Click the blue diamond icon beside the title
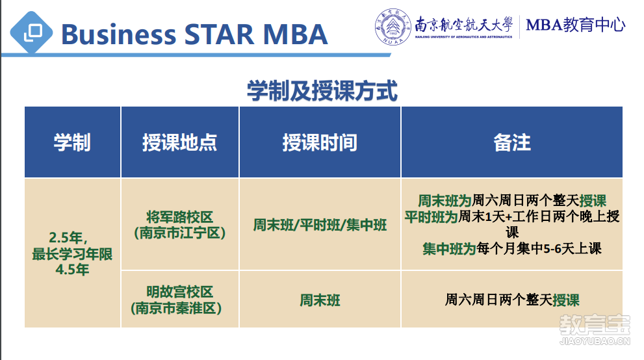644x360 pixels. click(31, 33)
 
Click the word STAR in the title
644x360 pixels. click(219, 34)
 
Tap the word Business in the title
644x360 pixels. click(119, 34)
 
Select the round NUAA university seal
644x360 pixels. click(393, 27)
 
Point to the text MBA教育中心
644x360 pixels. click(575, 25)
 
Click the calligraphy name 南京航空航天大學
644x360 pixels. click(464, 24)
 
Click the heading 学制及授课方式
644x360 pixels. click(322, 91)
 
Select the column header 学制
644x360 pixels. click(72, 142)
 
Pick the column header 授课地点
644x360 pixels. click(179, 142)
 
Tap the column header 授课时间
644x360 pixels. click(320, 142)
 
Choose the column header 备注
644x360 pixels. click(511, 142)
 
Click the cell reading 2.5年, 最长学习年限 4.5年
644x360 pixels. click(72, 253)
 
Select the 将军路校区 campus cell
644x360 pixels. click(179, 225)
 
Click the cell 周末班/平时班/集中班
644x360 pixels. click(320, 225)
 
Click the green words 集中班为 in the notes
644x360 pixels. click(449, 248)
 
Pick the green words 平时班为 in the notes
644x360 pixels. click(431, 216)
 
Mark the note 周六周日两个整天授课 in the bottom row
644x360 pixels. click(511, 300)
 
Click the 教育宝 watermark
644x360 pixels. click(595, 329)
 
